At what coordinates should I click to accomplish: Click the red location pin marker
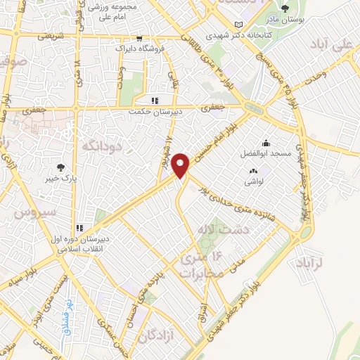[x=182, y=165]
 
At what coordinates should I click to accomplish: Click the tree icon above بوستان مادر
[x=284, y=9]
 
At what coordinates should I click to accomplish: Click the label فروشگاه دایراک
[x=140, y=49]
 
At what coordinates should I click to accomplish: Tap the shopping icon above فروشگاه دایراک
[x=139, y=38]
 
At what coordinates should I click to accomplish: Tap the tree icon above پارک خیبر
[x=61, y=168]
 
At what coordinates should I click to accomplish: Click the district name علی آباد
[x=335, y=45]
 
